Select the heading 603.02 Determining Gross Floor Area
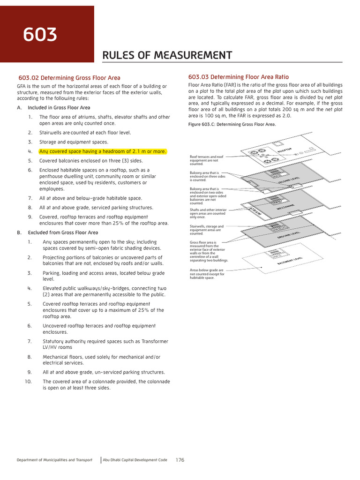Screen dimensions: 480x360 point(69,78)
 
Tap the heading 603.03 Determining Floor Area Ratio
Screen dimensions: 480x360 point(238,77)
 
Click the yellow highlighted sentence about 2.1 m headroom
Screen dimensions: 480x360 point(103,151)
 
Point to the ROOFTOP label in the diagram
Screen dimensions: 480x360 point(285,151)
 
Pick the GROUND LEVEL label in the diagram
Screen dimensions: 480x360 point(289,234)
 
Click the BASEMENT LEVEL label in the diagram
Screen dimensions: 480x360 point(290,264)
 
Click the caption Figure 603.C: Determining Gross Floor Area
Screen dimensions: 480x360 point(232,124)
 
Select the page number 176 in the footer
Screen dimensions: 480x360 point(180,460)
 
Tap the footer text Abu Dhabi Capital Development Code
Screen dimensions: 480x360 point(135,460)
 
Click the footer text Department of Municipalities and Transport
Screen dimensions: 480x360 point(54,460)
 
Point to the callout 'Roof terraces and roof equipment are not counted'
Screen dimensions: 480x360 point(206,160)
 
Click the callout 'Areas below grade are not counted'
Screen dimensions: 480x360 point(207,274)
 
